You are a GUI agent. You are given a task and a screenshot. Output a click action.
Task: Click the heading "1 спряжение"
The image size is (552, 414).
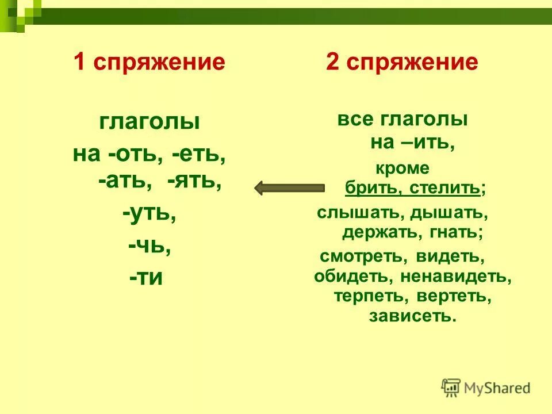149,62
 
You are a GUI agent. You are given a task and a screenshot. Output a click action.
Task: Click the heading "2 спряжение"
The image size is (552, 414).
402,62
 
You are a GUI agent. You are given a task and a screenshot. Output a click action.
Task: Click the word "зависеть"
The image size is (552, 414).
413,316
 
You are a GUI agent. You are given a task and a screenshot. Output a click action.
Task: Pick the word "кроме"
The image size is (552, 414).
402,168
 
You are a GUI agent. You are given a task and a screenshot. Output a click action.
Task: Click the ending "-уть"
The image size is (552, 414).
148,214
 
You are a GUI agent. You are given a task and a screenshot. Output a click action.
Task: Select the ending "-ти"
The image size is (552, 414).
146,278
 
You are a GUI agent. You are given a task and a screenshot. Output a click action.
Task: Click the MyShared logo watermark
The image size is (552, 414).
486,388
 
